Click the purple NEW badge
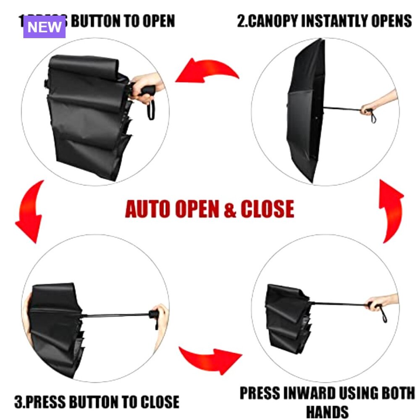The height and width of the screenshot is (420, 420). point(45,27)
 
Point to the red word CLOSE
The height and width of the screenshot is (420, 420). point(267,209)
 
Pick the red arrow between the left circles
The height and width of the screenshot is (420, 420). point(30,210)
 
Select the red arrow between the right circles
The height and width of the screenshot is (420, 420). point(392,209)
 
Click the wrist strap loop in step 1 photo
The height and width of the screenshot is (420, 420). point(151,110)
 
